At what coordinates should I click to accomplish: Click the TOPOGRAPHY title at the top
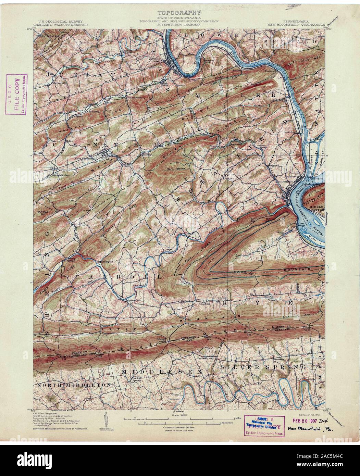pos(179,13)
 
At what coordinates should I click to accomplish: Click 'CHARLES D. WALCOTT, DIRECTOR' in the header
pos(61,25)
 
